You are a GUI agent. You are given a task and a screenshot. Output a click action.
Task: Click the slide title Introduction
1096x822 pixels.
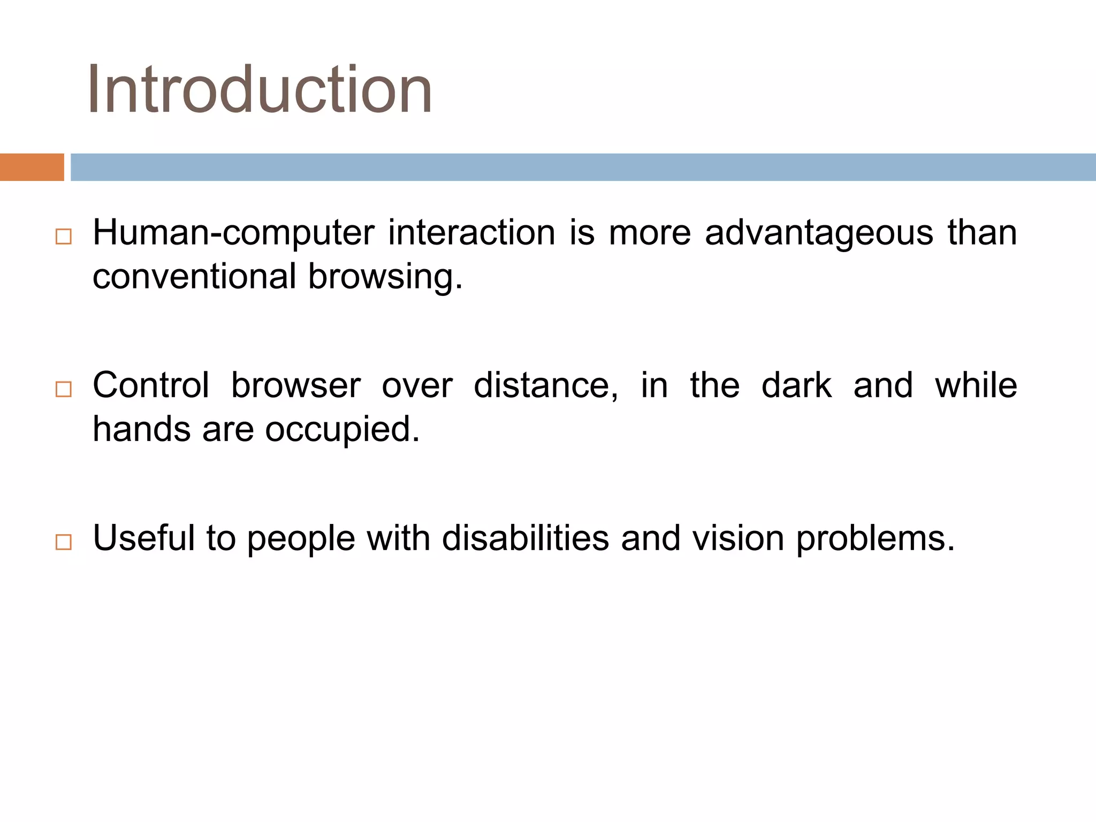pyautogui.click(x=260, y=89)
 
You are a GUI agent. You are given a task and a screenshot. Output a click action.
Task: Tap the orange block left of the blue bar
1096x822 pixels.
pyautogui.click(x=32, y=167)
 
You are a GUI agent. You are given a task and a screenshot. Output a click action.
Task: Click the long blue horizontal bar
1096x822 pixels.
pyautogui.click(x=583, y=167)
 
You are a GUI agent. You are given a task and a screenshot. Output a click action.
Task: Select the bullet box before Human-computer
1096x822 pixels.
pyautogui.click(x=63, y=237)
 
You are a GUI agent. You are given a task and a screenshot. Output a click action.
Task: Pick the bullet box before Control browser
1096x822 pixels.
pyautogui.click(x=63, y=389)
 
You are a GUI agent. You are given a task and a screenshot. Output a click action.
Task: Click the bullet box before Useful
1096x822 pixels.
pyautogui.click(x=63, y=542)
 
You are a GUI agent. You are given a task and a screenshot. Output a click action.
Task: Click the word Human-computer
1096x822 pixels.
pyautogui.click(x=233, y=233)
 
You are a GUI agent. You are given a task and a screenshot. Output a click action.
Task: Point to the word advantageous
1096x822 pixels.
pyautogui.click(x=818, y=233)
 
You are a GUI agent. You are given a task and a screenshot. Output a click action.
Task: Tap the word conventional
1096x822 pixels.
pyautogui.click(x=194, y=277)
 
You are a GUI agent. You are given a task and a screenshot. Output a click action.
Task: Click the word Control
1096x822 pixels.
pyautogui.click(x=151, y=385)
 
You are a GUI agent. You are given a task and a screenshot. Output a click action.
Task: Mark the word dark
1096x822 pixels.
pyautogui.click(x=796, y=385)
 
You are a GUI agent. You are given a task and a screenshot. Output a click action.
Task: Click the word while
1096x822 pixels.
pyautogui.click(x=976, y=385)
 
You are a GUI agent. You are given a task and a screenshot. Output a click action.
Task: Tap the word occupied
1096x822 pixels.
pyautogui.click(x=342, y=430)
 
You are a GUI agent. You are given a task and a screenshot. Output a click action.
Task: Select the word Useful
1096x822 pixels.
pyautogui.click(x=144, y=538)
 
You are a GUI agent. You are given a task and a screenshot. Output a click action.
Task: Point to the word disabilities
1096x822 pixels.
pyautogui.click(x=526, y=538)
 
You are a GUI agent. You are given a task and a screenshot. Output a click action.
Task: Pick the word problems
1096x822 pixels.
pyautogui.click(x=875, y=539)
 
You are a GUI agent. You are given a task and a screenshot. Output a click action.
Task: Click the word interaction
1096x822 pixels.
pyautogui.click(x=471, y=233)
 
